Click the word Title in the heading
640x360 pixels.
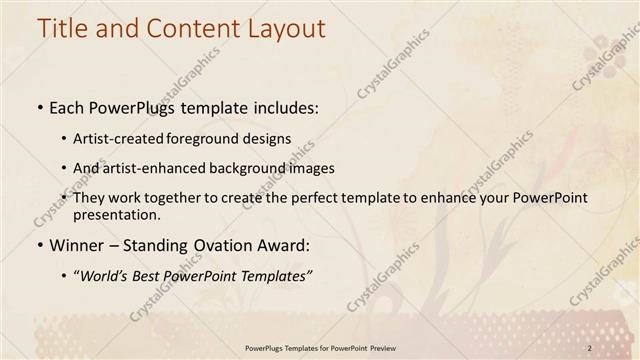(63, 28)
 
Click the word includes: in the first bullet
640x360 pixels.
(282, 106)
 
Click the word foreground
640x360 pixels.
(225, 137)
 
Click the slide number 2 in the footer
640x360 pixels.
(590, 347)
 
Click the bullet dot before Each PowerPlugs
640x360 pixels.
(38, 106)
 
